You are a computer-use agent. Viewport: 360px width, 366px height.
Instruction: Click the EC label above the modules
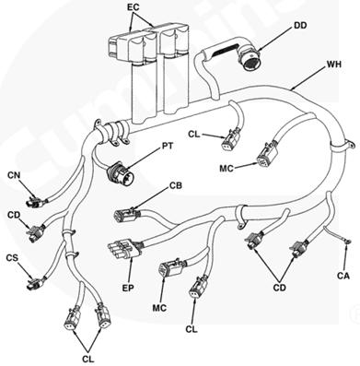134,7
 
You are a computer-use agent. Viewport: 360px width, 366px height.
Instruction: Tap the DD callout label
300,26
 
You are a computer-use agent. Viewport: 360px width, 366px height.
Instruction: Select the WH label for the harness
333,65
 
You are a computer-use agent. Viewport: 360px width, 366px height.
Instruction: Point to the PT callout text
167,146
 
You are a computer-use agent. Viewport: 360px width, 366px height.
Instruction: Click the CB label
176,186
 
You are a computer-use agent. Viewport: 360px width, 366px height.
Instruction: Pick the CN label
14,175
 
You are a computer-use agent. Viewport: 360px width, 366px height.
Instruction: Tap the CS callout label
12,258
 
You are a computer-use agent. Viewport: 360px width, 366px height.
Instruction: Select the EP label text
128,288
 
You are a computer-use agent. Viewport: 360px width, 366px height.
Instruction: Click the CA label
343,276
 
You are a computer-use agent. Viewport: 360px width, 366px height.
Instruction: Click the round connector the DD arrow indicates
250,58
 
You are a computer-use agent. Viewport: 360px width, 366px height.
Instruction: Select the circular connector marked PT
120,173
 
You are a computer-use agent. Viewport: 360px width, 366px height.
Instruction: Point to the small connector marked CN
35,201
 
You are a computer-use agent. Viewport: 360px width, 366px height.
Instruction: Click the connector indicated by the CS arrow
36,282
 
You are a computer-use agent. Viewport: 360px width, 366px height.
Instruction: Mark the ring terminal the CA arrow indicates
347,242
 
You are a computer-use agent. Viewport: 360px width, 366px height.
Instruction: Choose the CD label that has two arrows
280,288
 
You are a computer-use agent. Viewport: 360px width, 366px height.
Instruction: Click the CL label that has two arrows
88,359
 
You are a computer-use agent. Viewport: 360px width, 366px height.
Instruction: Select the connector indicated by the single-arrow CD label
36,232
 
